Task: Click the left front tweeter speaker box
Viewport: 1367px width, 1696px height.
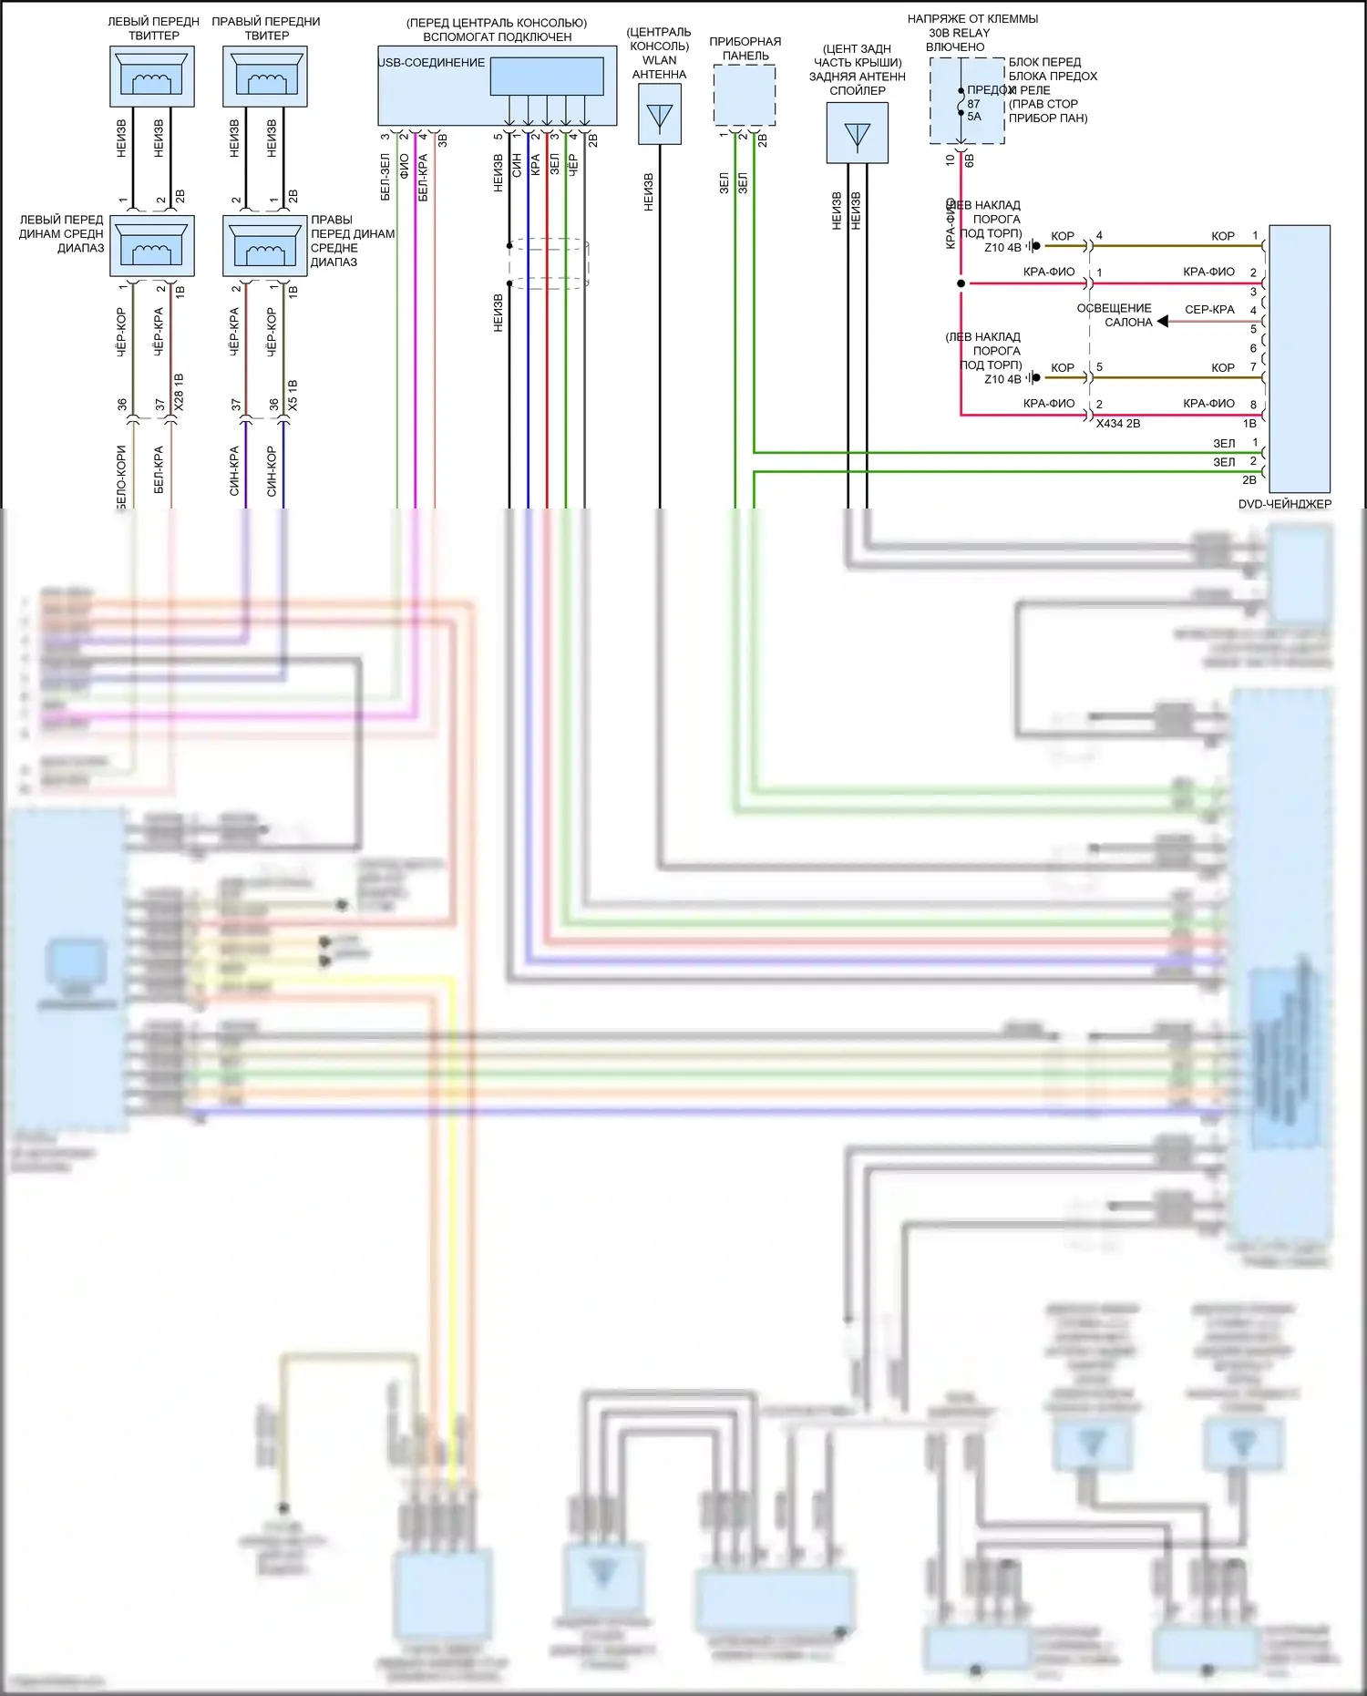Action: pos(152,77)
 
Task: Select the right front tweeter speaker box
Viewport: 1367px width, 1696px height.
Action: pos(265,77)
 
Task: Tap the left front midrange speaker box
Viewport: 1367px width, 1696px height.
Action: pos(152,246)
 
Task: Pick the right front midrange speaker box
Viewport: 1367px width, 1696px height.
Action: pos(265,246)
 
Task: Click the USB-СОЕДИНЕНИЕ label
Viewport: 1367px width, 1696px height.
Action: pos(432,63)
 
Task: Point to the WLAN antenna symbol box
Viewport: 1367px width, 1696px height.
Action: pos(659,115)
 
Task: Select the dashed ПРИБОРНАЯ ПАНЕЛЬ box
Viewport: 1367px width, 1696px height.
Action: pos(745,95)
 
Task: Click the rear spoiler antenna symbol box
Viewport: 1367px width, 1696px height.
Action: pos(857,133)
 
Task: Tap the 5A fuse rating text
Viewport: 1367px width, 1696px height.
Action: pos(974,117)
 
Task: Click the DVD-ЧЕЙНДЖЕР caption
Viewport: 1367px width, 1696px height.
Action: pos(1284,504)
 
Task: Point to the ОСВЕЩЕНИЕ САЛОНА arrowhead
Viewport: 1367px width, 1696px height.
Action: pos(1163,322)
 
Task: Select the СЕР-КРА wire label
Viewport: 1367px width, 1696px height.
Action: pos(1209,310)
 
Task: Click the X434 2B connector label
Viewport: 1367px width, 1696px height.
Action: pos(1117,424)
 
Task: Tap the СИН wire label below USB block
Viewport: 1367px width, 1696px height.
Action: pos(517,165)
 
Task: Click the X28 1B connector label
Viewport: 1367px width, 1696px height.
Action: pos(179,391)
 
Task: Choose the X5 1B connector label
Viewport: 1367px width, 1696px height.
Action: pos(292,395)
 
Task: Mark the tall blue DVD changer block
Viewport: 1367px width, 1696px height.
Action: pos(1299,359)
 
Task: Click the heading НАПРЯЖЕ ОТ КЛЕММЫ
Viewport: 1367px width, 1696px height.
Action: pos(972,19)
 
